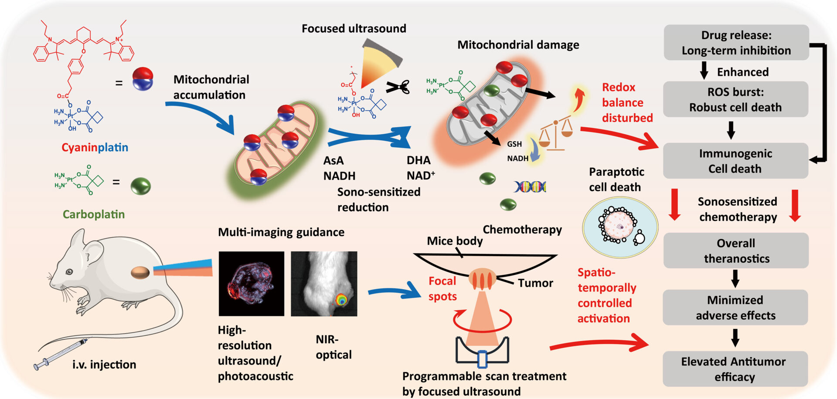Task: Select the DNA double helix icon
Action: point(530,187)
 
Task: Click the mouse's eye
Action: point(69,272)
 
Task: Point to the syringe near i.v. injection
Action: point(61,354)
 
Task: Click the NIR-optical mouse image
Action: point(324,284)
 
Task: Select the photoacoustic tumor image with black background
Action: point(252,284)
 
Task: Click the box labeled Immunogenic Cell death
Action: point(735,161)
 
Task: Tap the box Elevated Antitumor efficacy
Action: point(735,369)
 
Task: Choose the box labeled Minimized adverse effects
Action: point(735,307)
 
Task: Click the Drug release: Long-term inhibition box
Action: point(736,42)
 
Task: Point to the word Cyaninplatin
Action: point(95,147)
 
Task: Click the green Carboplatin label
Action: point(94,214)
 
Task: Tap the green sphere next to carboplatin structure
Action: point(141,186)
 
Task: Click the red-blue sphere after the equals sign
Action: point(143,79)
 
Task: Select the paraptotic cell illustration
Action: point(620,227)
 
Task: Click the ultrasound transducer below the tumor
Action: point(482,352)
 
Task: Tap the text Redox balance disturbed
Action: point(626,102)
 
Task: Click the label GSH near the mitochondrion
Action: point(514,144)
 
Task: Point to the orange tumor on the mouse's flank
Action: point(140,273)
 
